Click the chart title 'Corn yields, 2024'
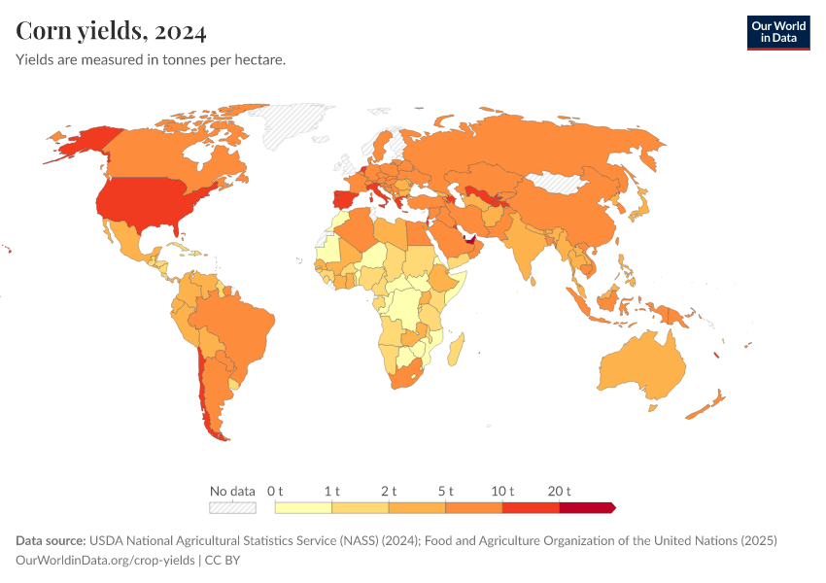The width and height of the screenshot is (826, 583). pos(111,32)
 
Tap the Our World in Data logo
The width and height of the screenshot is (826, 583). pos(777,32)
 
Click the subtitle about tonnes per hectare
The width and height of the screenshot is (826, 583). pos(151,60)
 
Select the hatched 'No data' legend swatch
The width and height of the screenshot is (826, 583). pos(232,507)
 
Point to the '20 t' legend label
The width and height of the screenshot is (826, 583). pos(560,491)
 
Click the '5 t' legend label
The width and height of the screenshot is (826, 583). pos(445,491)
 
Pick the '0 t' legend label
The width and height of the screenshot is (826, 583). pos(275,491)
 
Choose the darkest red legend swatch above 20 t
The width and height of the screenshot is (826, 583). pos(586,507)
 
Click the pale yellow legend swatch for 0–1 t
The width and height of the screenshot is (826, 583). pos(303,507)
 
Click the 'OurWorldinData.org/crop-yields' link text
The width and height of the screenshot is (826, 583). pos(106,561)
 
